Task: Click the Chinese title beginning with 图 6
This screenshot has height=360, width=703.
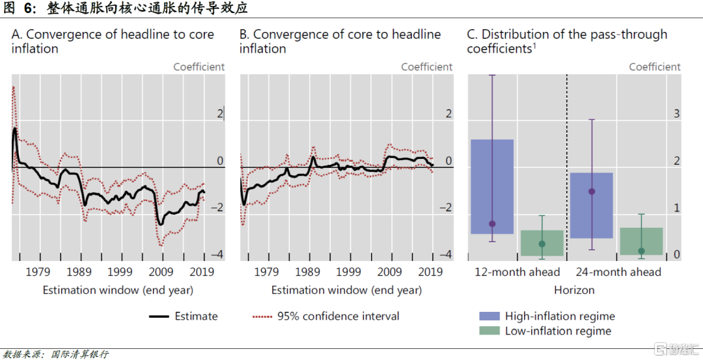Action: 130,8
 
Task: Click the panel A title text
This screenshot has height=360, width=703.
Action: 113,41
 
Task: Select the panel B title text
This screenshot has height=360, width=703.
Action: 340,41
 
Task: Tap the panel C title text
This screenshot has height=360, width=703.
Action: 567,41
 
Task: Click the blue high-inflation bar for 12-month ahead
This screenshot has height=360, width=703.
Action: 492,186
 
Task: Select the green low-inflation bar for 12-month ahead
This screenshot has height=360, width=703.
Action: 542,242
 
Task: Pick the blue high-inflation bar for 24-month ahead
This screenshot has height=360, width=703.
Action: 591,205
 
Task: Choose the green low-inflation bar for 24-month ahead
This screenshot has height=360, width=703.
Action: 641,241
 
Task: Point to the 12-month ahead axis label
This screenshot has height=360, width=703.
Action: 517,271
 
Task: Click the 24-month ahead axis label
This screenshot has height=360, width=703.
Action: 618,271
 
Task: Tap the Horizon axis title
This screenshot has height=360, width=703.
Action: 574,290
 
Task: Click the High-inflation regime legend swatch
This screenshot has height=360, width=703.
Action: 489,316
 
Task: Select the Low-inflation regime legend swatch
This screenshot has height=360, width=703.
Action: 489,331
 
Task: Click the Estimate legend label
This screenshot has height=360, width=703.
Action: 196,316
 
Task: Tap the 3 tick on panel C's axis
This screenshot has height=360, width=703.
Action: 676,114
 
